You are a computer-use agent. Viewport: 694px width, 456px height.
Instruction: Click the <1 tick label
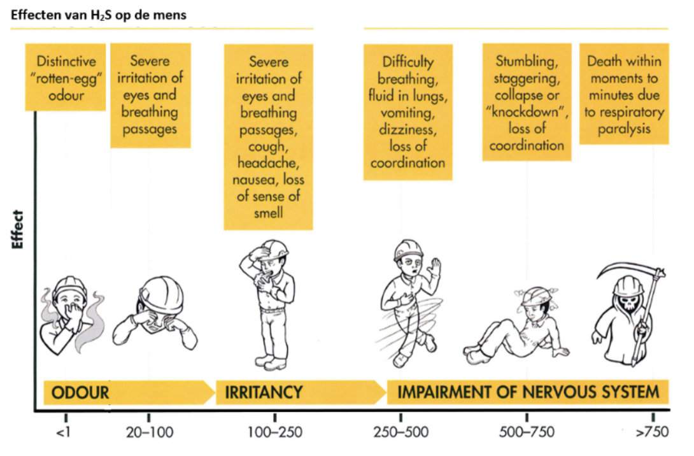click(64, 433)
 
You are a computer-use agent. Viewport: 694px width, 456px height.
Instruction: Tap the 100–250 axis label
click(274, 433)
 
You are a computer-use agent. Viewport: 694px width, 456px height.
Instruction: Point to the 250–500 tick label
click(401, 433)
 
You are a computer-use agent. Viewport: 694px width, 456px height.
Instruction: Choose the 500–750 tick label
click(527, 433)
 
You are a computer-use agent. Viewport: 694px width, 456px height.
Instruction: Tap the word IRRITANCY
click(264, 392)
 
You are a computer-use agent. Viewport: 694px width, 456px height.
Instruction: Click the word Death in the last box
click(604, 62)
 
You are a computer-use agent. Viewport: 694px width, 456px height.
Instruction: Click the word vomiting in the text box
click(407, 113)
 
